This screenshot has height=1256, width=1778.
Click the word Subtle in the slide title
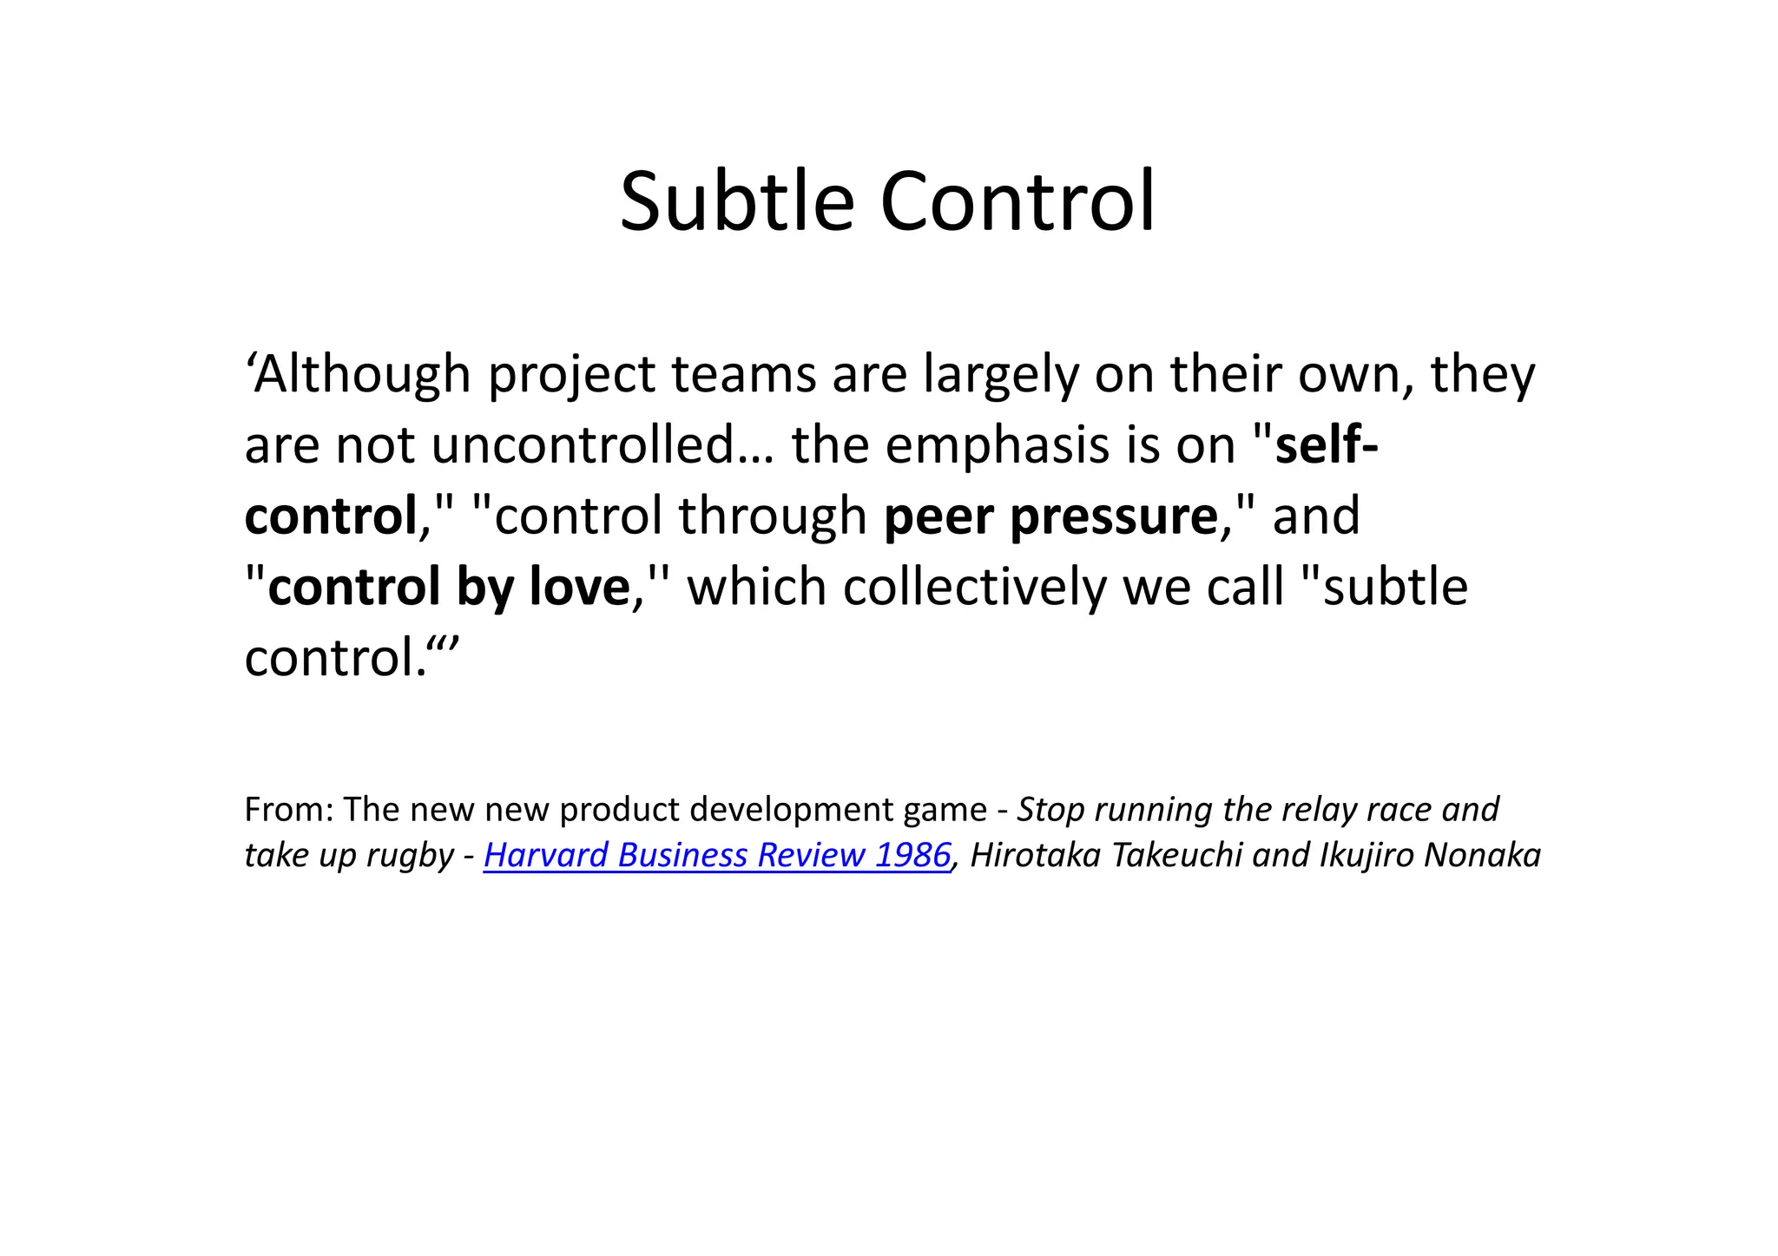coord(737,202)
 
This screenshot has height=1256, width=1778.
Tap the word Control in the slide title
coord(1017,202)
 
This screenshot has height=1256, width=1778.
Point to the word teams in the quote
coord(743,375)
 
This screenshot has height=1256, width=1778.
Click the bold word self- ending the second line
coord(1326,445)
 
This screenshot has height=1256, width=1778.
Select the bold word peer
coord(938,517)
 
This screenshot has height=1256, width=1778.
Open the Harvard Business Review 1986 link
coord(717,855)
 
